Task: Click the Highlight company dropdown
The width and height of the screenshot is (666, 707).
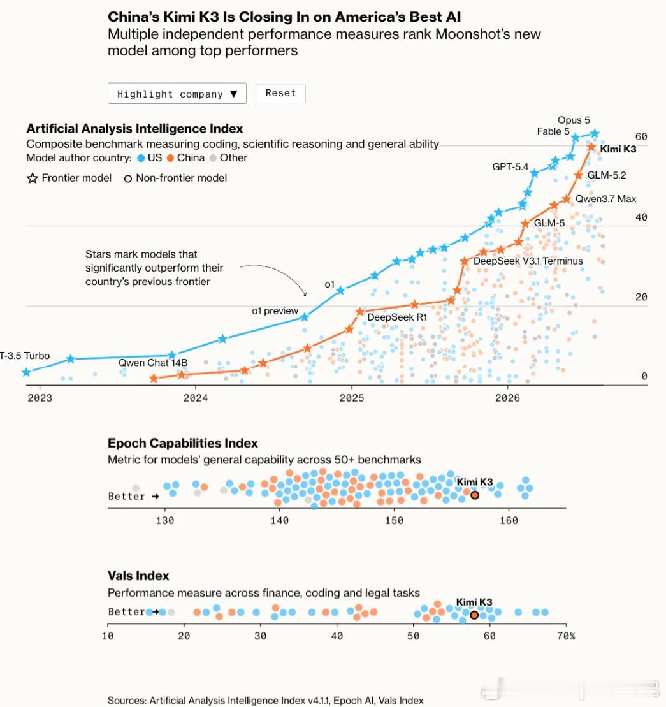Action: pyautogui.click(x=177, y=93)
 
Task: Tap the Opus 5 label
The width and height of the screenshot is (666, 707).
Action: pyautogui.click(x=574, y=120)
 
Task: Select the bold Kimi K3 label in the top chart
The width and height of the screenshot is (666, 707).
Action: pyautogui.click(x=618, y=149)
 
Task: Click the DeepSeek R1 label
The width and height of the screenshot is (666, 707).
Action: pyautogui.click(x=397, y=317)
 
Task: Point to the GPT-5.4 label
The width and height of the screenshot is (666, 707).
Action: pyautogui.click(x=510, y=167)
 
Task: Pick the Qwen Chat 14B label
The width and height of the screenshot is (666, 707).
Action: pyautogui.click(x=153, y=363)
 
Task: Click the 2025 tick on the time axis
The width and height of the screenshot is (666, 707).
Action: pyautogui.click(x=351, y=398)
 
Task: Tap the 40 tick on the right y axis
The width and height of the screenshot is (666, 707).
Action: pyautogui.click(x=641, y=217)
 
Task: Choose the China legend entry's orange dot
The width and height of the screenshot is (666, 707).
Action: pyautogui.click(x=170, y=158)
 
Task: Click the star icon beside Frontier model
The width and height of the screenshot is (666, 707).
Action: pyautogui.click(x=33, y=178)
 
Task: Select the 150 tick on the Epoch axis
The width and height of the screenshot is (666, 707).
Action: pyautogui.click(x=394, y=520)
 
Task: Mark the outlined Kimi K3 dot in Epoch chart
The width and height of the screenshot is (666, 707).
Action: pyautogui.click(x=475, y=495)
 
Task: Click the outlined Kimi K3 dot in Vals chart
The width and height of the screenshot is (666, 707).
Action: pyautogui.click(x=474, y=615)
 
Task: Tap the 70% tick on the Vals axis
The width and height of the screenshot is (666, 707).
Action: pyautogui.click(x=566, y=636)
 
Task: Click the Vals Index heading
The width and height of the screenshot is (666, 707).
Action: pyautogui.click(x=138, y=576)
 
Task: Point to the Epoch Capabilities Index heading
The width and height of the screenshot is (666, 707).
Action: pyautogui.click(x=182, y=443)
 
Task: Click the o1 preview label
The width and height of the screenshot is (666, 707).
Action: pyautogui.click(x=275, y=310)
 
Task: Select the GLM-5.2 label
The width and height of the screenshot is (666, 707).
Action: pyautogui.click(x=607, y=175)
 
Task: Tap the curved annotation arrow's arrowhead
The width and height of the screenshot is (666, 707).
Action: pyautogui.click(x=305, y=295)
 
